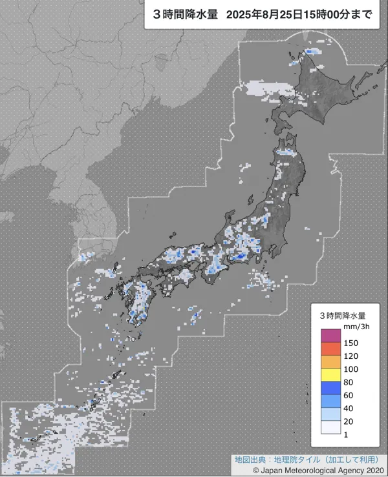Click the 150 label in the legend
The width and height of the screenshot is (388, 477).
pyautogui.click(x=351, y=342)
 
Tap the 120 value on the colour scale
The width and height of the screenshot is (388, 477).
pyautogui.click(x=351, y=356)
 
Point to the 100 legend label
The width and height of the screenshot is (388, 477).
pyautogui.click(x=351, y=369)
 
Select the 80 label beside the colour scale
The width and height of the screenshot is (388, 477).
pyautogui.click(x=349, y=381)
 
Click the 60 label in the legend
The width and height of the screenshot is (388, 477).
pyautogui.click(x=349, y=395)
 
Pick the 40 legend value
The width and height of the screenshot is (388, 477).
pyautogui.click(x=349, y=408)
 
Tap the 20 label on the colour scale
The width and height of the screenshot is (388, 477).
pyautogui.click(x=349, y=421)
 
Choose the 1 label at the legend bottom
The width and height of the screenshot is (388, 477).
pyautogui.click(x=346, y=434)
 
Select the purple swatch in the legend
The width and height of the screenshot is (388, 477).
pyautogui.click(x=330, y=336)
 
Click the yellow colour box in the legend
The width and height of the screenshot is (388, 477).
pyautogui.click(x=330, y=375)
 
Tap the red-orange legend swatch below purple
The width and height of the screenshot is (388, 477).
pyautogui.click(x=330, y=349)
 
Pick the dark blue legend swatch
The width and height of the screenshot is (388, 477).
pyautogui.click(x=330, y=388)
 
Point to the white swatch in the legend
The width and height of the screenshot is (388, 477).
pyautogui.click(x=330, y=427)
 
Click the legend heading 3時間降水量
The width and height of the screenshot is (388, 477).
pyautogui.click(x=343, y=316)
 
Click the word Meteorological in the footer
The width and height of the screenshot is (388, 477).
pyautogui.click(x=307, y=471)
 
